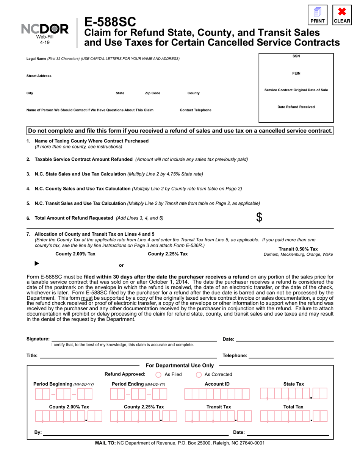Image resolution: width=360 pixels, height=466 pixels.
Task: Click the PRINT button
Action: (x=318, y=15)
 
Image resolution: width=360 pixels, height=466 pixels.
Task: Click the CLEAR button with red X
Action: (x=342, y=15)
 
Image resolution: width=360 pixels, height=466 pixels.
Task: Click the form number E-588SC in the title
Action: (x=110, y=22)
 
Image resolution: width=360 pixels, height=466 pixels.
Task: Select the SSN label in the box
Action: (x=296, y=56)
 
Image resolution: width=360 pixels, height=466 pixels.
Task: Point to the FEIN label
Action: (x=296, y=73)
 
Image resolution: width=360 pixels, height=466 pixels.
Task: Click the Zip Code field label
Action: (x=153, y=93)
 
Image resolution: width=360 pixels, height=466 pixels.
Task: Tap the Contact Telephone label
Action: (x=196, y=110)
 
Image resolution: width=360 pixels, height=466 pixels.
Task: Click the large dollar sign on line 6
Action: (x=259, y=217)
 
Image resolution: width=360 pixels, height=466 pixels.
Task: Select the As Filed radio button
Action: (x=158, y=375)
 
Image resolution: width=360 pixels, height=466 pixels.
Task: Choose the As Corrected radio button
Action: (x=199, y=375)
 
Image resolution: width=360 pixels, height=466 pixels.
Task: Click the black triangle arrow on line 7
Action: (x=37, y=263)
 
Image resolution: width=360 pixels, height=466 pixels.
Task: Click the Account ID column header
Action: (x=217, y=384)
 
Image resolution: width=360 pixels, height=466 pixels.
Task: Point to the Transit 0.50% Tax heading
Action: (x=298, y=249)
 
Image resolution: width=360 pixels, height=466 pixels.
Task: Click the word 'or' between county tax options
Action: (x=121, y=265)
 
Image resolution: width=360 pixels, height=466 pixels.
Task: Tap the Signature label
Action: (x=38, y=339)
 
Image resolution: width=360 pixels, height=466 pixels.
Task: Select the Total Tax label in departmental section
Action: (x=294, y=407)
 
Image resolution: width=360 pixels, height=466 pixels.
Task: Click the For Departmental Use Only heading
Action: (x=180, y=366)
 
